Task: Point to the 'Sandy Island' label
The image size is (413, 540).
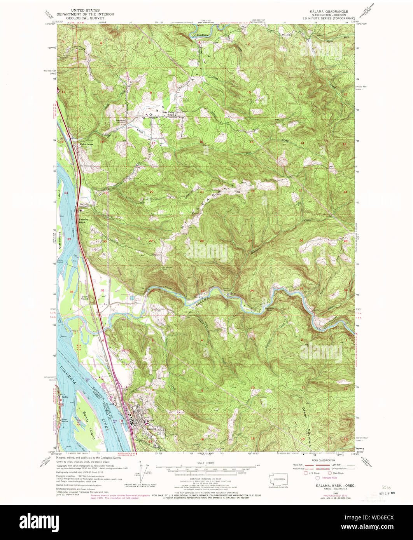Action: click(x=88, y=425)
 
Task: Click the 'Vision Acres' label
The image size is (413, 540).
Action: click(x=86, y=144)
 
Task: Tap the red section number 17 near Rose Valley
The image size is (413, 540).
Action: click(x=154, y=143)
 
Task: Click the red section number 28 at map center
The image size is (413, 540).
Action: click(x=201, y=241)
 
